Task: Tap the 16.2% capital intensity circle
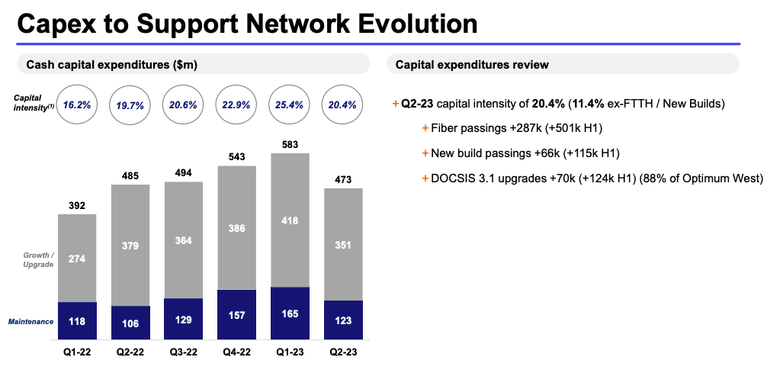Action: click(77, 105)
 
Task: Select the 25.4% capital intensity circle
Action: click(290, 105)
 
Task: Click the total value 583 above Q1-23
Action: click(290, 143)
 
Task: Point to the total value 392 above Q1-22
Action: click(77, 204)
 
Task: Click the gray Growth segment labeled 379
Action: click(130, 245)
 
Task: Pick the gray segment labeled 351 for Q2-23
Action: click(343, 244)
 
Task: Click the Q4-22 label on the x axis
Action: click(236, 352)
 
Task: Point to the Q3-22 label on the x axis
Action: click(183, 352)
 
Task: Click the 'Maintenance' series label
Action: click(30, 322)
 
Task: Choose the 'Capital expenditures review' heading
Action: click(472, 65)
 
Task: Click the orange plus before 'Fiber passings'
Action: click(425, 128)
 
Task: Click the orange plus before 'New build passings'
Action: click(425, 153)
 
